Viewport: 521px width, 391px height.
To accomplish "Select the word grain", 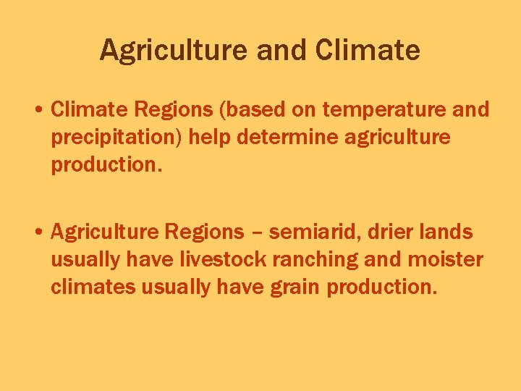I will [297, 287].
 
